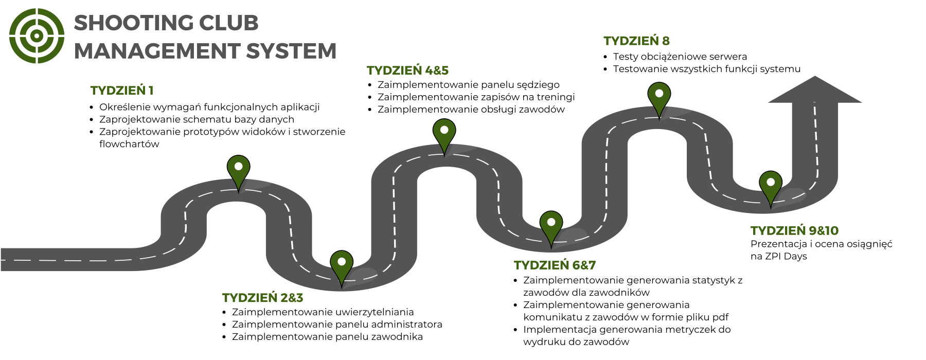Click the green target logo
37,36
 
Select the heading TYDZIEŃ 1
122,91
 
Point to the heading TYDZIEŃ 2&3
262,298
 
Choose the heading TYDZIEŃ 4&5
407,70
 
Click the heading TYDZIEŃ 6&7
555,265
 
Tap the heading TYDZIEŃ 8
636,41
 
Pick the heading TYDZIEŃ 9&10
794,231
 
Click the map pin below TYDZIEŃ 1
238,170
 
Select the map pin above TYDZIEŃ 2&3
342,265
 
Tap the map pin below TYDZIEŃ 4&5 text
444,133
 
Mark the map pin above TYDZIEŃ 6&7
551,225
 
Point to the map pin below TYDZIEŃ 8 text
659,98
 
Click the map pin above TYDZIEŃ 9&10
771,185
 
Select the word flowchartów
129,145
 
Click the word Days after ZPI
795,257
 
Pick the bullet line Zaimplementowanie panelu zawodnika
327,337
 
